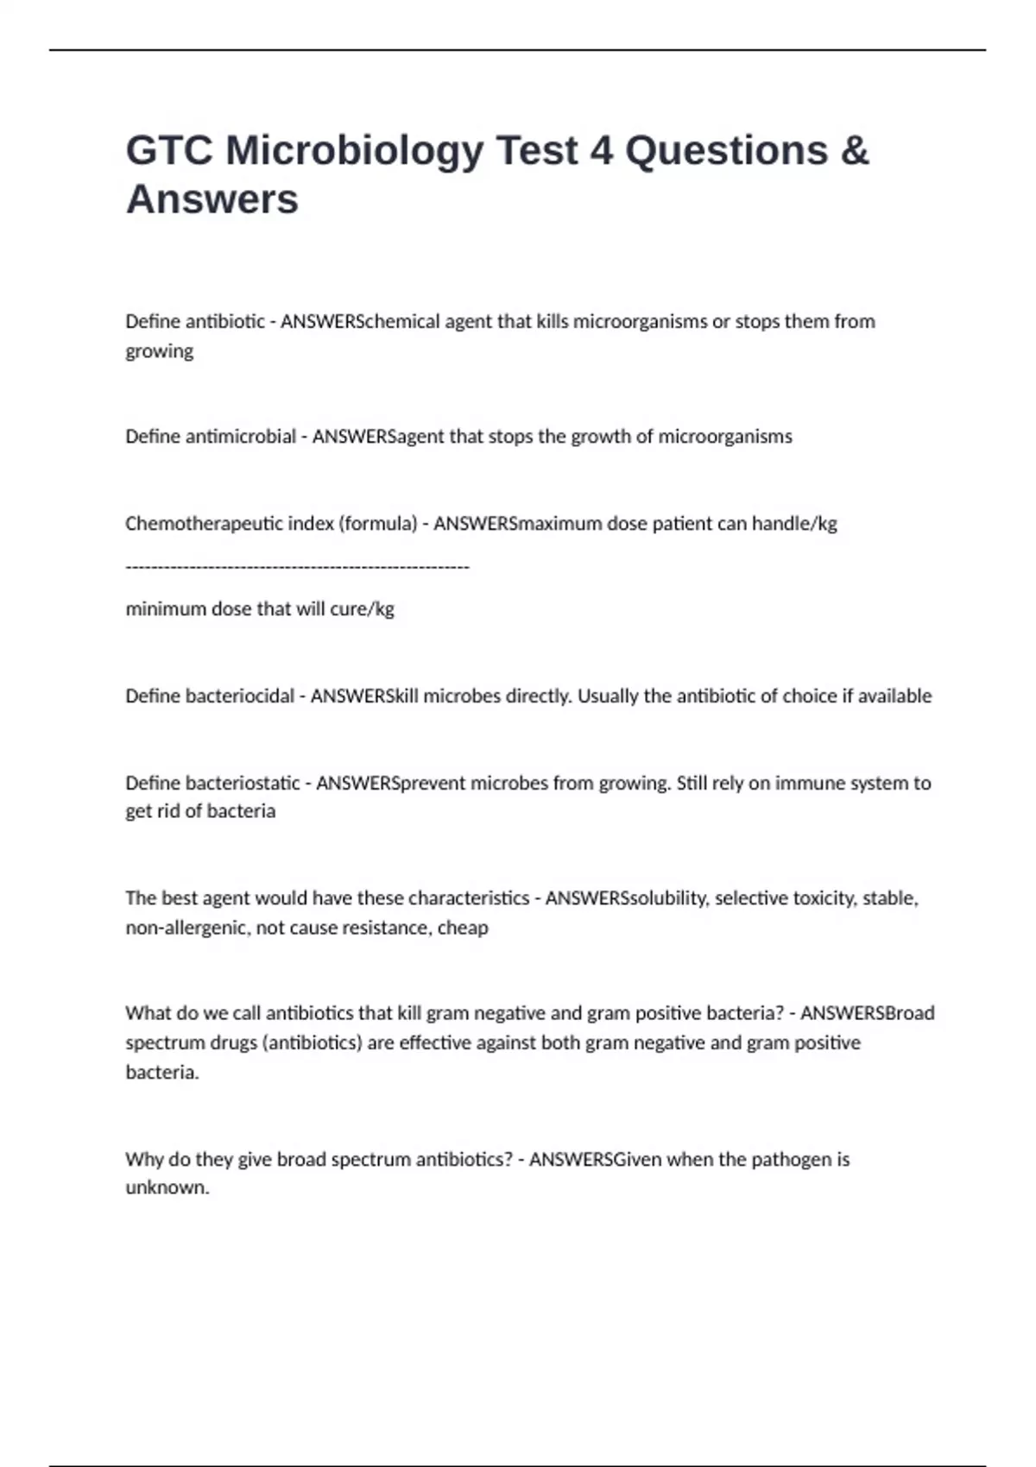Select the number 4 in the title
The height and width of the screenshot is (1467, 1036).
click(601, 151)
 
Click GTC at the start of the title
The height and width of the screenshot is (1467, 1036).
click(169, 151)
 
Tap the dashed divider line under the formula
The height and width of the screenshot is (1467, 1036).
click(297, 567)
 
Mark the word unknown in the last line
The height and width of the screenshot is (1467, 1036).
click(166, 1187)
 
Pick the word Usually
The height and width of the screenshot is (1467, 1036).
click(610, 696)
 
